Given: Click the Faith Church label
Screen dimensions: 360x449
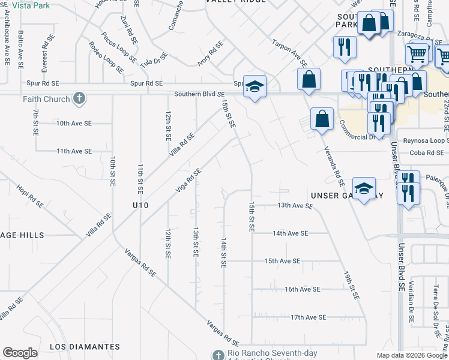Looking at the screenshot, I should coord(46,99).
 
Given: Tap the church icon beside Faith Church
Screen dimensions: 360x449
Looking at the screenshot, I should coord(79,98).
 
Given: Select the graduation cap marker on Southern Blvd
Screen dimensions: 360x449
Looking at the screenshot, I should coord(255,88).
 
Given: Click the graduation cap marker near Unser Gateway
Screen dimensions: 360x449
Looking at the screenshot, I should coord(364,189).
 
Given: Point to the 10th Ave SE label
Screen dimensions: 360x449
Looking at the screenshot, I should coord(74,123).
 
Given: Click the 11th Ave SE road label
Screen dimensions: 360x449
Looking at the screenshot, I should coord(74,151).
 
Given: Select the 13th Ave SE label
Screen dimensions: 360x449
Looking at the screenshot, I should coord(295,206).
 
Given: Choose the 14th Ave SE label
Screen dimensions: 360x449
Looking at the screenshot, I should coord(290,233).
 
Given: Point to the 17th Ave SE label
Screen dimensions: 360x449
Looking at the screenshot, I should coord(308,317).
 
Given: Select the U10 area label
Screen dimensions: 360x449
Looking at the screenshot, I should coord(140,205).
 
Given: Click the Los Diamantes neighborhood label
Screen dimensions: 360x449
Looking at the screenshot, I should coord(85,347).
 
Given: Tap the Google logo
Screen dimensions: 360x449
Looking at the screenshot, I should coord(20,353).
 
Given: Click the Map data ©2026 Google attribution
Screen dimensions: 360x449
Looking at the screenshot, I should coord(411,355).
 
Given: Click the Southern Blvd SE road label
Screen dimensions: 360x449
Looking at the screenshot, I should coord(199,94).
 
